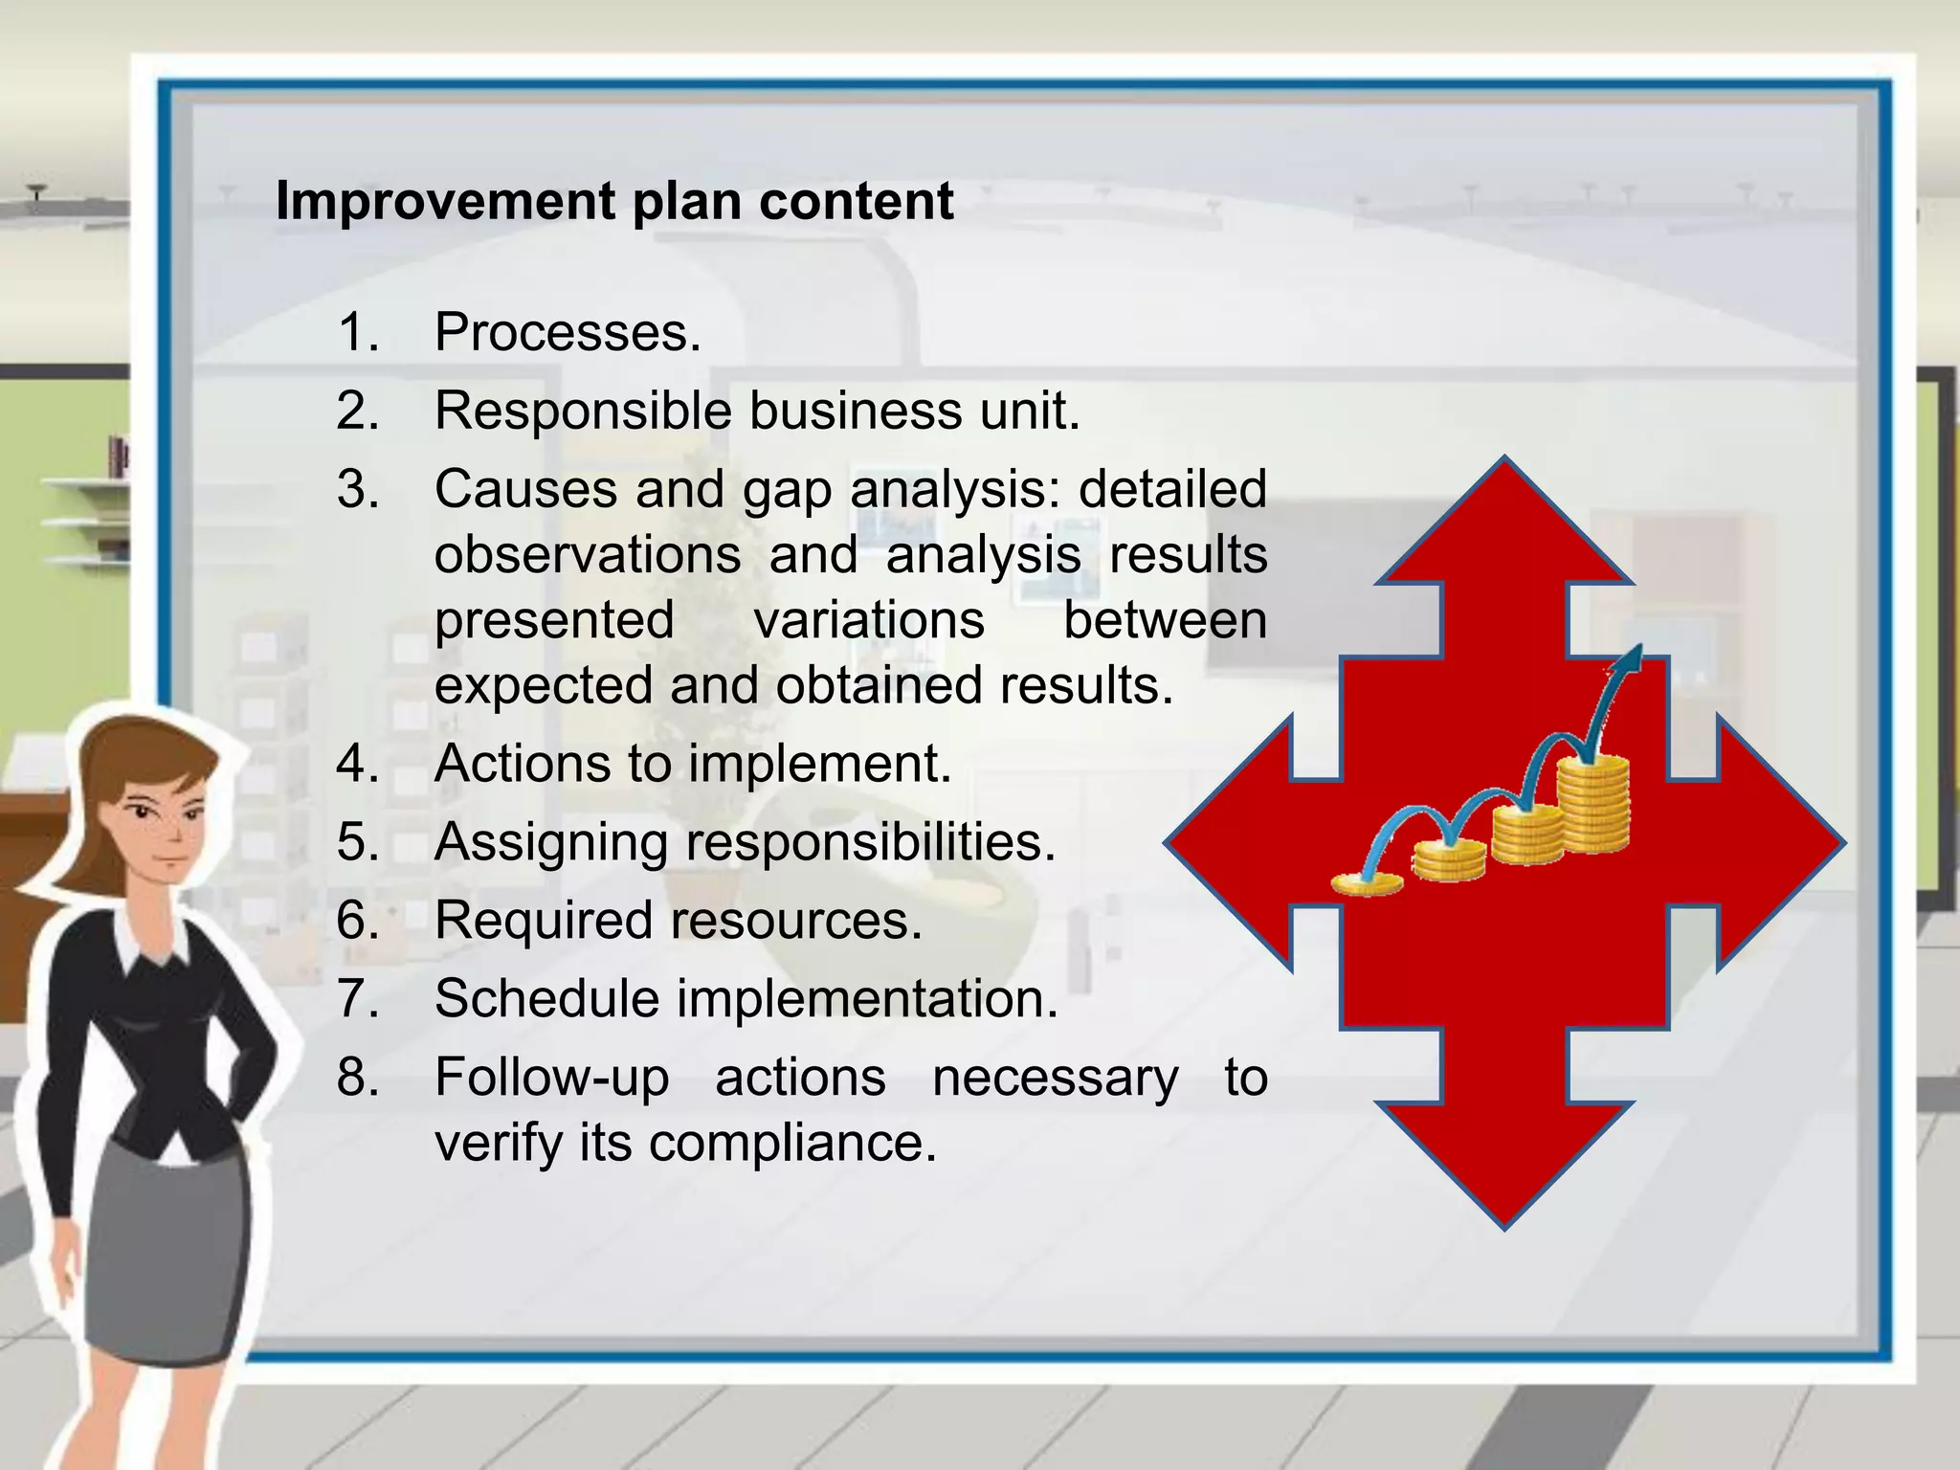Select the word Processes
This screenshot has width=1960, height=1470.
568,332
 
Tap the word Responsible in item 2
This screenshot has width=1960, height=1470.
583,412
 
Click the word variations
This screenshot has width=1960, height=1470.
869,620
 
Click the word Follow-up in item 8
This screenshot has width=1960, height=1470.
551,1079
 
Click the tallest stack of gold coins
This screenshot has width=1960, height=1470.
1592,804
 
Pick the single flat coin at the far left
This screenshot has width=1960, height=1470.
1367,883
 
